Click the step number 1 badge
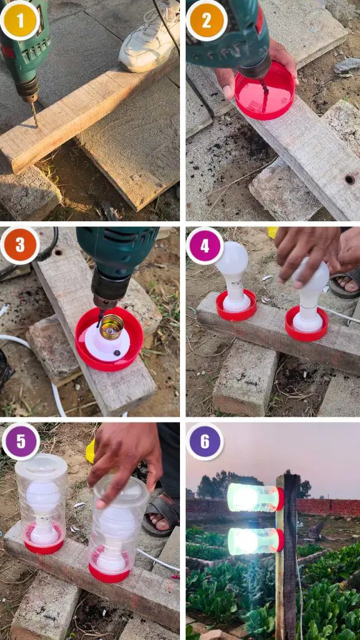[x=19, y=19]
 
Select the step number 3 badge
[x=19, y=246]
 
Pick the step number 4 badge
[x=205, y=246]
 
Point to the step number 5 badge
[x=21, y=442]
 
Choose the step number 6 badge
[x=205, y=442]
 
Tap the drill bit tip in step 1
[x=36, y=125]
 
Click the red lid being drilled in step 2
[x=265, y=91]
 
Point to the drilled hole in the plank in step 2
[x=350, y=179]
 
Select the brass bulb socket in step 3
[x=111, y=327]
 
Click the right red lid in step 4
[x=307, y=324]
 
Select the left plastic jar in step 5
[x=41, y=503]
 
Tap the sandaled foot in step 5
[x=161, y=514]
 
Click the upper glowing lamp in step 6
[x=256, y=497]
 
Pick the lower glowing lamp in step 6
[x=256, y=541]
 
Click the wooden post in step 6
[x=287, y=556]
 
